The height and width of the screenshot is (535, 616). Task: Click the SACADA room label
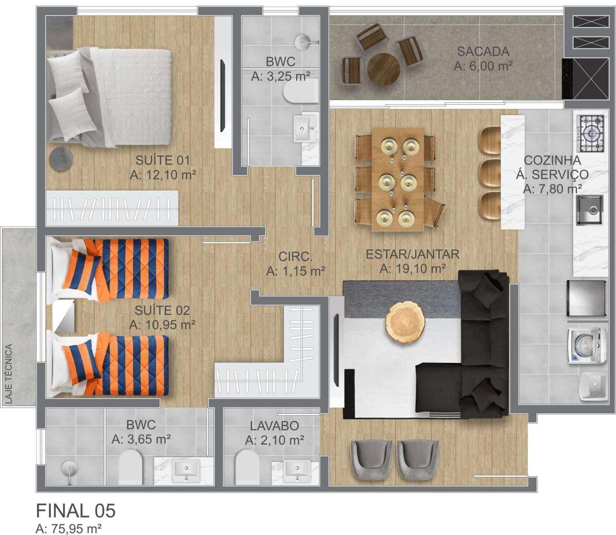pyautogui.click(x=483, y=51)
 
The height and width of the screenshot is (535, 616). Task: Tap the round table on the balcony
pyautogui.click(x=383, y=69)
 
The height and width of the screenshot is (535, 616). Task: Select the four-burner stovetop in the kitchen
pyautogui.click(x=591, y=133)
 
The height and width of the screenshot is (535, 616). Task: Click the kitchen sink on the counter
pyautogui.click(x=590, y=210)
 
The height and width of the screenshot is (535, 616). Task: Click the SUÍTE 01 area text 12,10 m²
pyautogui.click(x=171, y=175)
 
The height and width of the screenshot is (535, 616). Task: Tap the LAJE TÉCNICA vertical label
pyautogui.click(x=9, y=374)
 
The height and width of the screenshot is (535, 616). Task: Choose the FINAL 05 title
pyautogui.click(x=75, y=510)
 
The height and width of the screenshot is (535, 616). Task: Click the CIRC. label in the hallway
pyautogui.click(x=295, y=256)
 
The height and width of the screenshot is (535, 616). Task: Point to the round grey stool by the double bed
pyautogui.click(x=61, y=159)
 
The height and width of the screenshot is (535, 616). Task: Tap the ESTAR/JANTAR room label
pyautogui.click(x=413, y=254)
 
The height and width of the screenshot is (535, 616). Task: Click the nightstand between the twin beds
pyautogui.click(x=63, y=316)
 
